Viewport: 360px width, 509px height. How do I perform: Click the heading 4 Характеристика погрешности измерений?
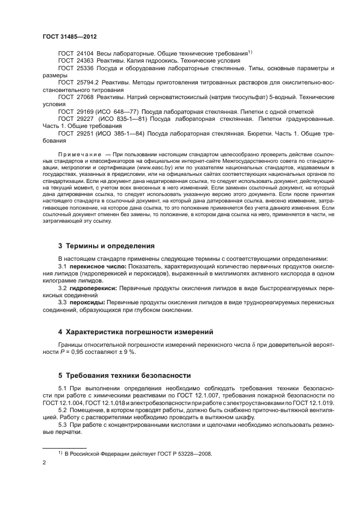[136, 332]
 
